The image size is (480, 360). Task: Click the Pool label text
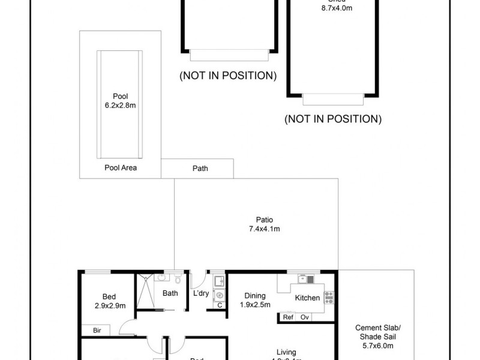coord(121,96)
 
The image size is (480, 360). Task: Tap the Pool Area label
coord(121,168)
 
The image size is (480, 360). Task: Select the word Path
coord(200,169)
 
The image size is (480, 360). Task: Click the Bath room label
coord(170,293)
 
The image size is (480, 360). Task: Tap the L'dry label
coord(200,293)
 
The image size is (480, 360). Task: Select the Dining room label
coord(255,295)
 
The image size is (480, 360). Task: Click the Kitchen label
coord(307,298)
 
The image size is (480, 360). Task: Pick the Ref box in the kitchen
coord(288,317)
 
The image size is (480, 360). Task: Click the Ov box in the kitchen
coord(305,317)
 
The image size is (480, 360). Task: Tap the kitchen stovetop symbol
coord(329,296)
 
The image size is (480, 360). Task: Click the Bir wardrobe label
coord(97,330)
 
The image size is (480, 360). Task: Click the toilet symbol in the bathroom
coord(178,280)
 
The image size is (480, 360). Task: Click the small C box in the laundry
coord(219,305)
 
